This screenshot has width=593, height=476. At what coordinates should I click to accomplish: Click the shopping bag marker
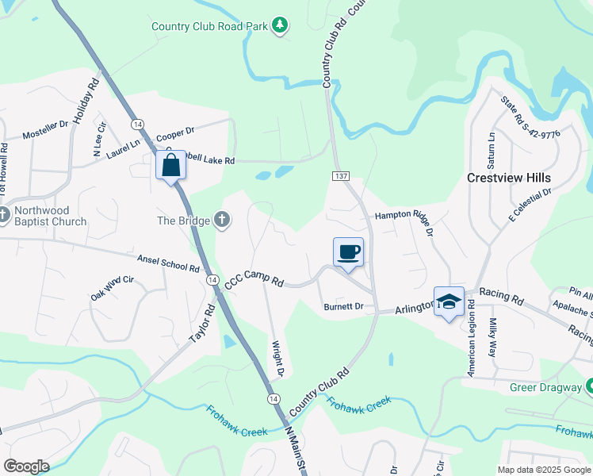(171, 166)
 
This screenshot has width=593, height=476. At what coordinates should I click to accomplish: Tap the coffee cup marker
(348, 253)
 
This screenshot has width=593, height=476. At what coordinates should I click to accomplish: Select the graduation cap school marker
(449, 302)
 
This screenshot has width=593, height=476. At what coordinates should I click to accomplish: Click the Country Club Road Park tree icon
(279, 26)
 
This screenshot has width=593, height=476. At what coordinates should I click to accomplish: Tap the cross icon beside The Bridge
(223, 221)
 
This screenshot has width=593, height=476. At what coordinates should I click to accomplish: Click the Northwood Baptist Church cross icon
(4, 215)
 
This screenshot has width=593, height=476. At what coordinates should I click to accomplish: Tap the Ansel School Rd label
(167, 263)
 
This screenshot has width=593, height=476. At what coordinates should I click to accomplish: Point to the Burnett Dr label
(343, 306)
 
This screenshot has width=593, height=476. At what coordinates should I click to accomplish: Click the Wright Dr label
(278, 359)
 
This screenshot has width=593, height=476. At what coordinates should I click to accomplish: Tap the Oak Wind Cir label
(113, 287)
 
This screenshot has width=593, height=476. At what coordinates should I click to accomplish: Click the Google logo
(26, 466)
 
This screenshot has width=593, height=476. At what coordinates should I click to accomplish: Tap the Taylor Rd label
(202, 324)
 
